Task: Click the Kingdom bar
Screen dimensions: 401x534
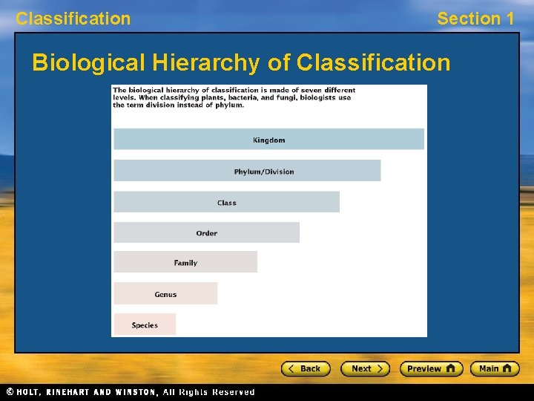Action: (268, 140)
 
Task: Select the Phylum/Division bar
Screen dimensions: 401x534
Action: (247, 171)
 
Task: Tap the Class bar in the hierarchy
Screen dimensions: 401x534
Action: (226, 202)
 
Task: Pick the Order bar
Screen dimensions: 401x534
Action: (206, 232)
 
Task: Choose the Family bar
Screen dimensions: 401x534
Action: (185, 262)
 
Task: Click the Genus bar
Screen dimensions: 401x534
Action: (165, 294)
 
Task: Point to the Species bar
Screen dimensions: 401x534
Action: (145, 325)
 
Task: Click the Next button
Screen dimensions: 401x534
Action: (365, 368)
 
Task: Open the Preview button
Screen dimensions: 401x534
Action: (431, 368)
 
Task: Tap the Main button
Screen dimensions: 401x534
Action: (495, 368)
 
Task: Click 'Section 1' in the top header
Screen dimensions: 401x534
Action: (475, 19)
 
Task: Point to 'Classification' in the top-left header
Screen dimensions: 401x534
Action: (73, 19)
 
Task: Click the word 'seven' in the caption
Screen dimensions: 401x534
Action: (303, 91)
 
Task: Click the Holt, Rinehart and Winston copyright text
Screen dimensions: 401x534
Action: (130, 392)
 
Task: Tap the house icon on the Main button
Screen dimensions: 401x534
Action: (507, 368)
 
